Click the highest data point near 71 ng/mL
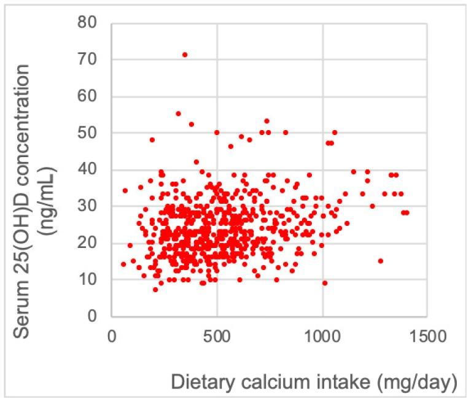(x=185, y=55)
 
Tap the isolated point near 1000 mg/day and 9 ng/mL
(x=325, y=283)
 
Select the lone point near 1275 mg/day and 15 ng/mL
(x=381, y=261)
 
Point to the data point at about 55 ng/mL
(x=179, y=114)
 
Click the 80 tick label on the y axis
(x=90, y=23)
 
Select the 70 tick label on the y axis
(x=90, y=60)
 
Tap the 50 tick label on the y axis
(x=90, y=133)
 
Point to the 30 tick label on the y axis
(x=90, y=206)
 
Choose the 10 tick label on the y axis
(x=90, y=280)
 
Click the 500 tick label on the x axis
(x=217, y=338)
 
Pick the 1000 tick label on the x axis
(x=322, y=338)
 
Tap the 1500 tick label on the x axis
(x=428, y=338)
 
